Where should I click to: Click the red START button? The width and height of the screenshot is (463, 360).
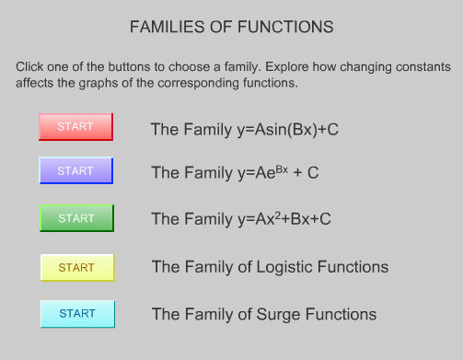(x=75, y=127)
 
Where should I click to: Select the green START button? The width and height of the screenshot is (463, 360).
(x=76, y=218)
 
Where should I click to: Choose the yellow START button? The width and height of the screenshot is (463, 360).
(x=76, y=268)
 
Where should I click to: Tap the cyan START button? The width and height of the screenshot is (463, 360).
(x=77, y=314)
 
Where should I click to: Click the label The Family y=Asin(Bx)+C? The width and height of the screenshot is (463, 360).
(x=245, y=129)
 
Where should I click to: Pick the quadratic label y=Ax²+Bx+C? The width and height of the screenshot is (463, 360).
(x=240, y=219)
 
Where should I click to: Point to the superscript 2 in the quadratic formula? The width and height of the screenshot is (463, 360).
(x=279, y=215)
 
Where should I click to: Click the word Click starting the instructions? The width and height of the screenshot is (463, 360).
(x=30, y=68)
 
